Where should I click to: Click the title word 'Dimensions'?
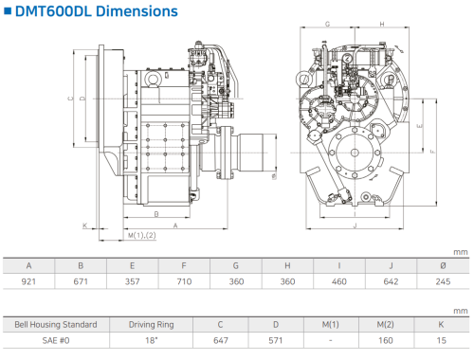pos(137,11)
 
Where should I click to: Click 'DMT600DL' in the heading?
pos(53,11)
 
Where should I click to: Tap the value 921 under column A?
pos(28,281)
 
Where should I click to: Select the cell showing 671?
pos(81,281)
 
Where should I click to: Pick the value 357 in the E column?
pos(132,281)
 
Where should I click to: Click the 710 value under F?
pos(184,281)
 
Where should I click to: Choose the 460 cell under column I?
pos(339,281)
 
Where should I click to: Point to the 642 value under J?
pos(391,281)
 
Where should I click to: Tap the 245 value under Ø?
pos(443,281)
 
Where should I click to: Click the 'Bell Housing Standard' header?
pos(56,325)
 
